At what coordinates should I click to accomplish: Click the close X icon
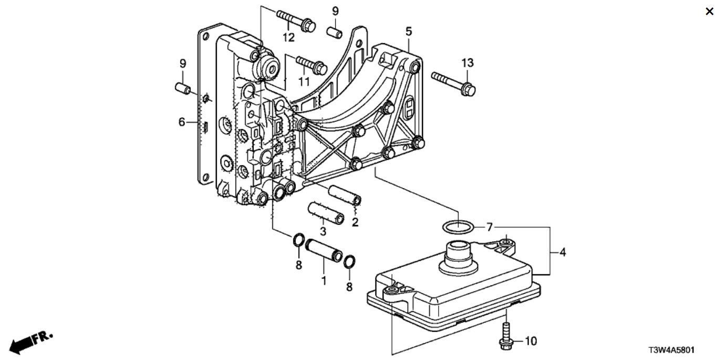[x=709, y=12]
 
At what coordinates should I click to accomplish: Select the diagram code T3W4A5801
[x=671, y=350]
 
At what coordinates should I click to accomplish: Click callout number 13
[x=468, y=63]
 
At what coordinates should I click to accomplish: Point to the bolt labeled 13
[x=453, y=84]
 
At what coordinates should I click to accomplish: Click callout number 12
[x=288, y=38]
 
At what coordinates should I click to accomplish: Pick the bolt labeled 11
[x=312, y=65]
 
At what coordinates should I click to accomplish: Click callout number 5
[x=409, y=32]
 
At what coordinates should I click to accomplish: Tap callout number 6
[x=182, y=122]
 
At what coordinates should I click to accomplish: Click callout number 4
[x=563, y=253]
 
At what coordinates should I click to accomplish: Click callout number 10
[x=531, y=342]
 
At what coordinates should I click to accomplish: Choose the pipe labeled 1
[x=324, y=250]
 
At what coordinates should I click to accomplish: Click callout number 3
[x=323, y=231]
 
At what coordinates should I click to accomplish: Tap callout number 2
[x=355, y=222]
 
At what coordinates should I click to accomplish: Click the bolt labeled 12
[x=296, y=20]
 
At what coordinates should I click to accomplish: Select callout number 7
[x=490, y=228]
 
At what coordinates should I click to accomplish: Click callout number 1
[x=324, y=281]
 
